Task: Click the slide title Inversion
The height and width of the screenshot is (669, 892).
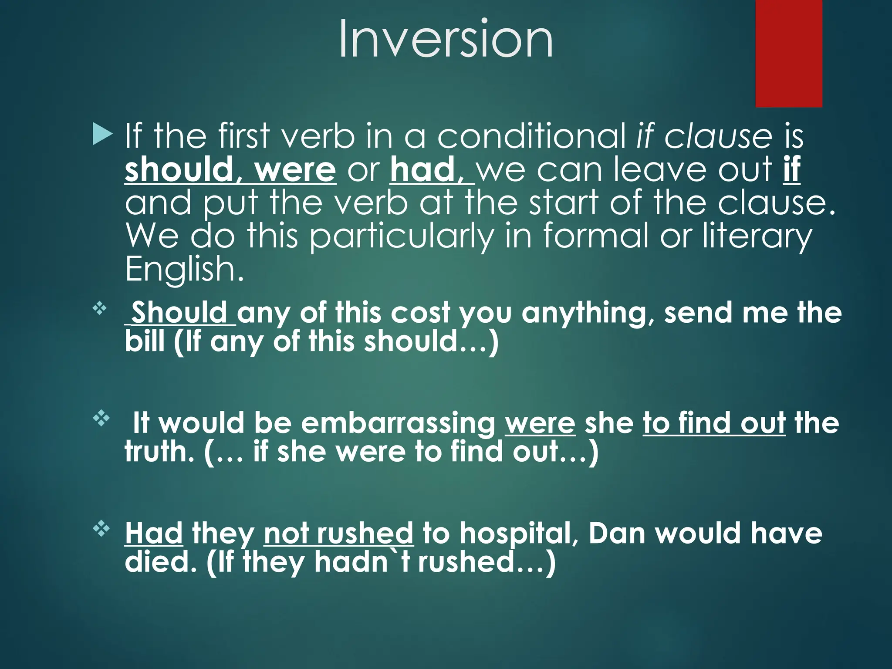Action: (446, 39)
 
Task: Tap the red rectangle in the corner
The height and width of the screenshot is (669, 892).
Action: (788, 53)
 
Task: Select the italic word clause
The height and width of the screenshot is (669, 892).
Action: (718, 136)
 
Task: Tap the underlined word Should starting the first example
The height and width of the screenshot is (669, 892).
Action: (179, 312)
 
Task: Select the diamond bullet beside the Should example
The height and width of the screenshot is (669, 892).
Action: (100, 309)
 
